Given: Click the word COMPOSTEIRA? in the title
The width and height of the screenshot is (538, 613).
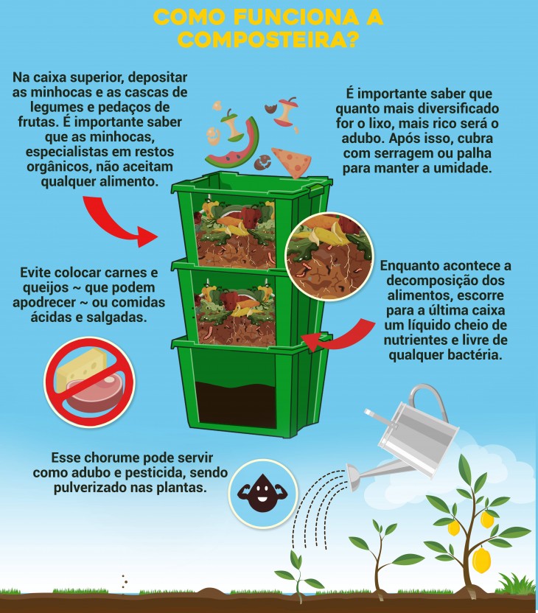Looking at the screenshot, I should [x=268, y=38].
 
